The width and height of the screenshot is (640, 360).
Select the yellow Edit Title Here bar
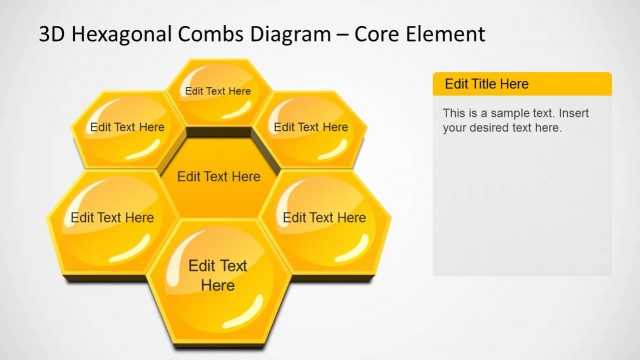point(521,84)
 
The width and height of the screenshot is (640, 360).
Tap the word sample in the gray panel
point(504,113)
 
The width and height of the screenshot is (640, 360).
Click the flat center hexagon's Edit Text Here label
point(218,177)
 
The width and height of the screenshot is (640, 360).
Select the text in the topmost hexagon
point(218,91)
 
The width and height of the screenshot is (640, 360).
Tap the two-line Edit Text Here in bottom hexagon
point(218,275)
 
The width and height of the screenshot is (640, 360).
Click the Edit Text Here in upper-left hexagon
point(127,127)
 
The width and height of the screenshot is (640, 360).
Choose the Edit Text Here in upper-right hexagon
point(311,127)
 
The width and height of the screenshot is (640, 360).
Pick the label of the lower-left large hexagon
point(112,217)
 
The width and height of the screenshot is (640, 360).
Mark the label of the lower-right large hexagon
point(324,217)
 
